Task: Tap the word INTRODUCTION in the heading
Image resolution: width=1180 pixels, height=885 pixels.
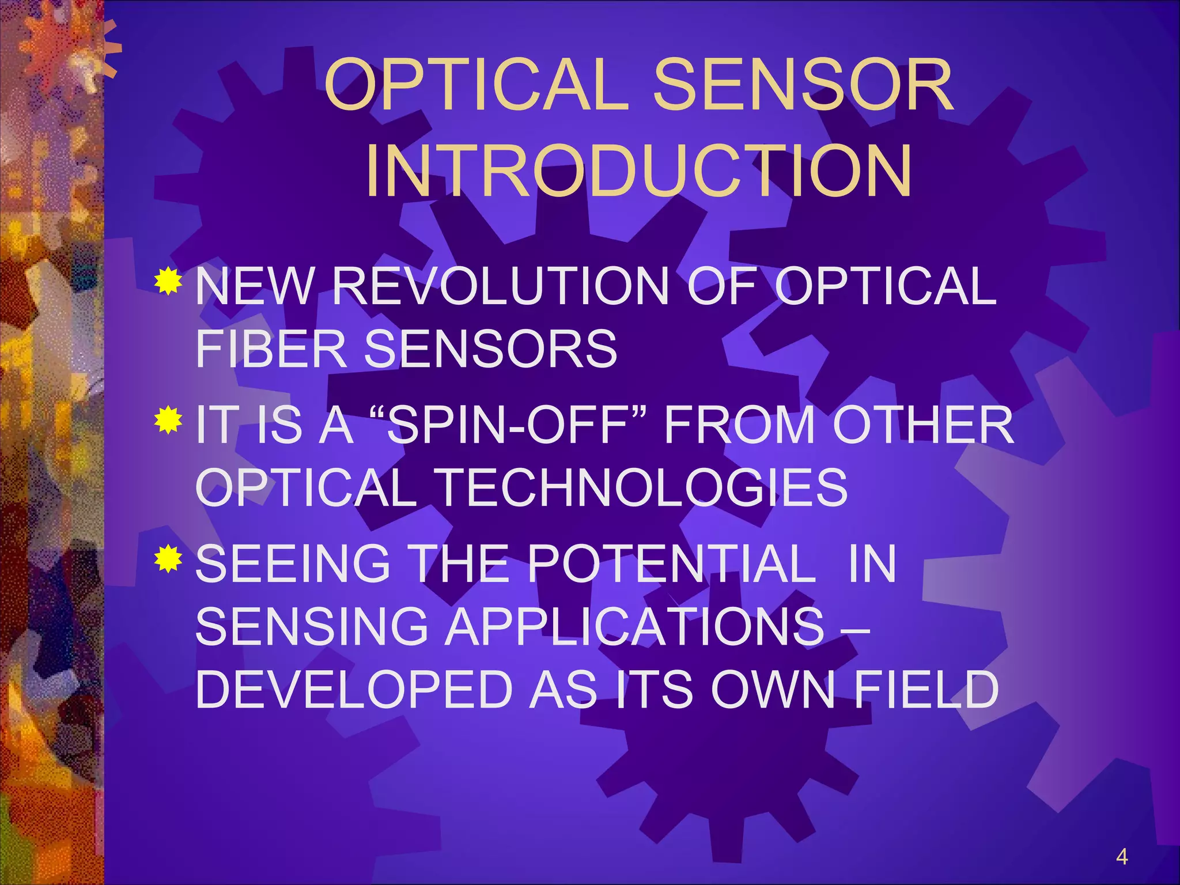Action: (x=638, y=172)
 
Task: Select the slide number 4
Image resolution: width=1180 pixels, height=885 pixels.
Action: (x=1121, y=857)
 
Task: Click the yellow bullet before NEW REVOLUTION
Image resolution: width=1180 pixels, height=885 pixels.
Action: (x=168, y=282)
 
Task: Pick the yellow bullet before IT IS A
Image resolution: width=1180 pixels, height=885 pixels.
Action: (x=168, y=420)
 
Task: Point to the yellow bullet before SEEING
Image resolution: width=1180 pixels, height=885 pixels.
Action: (x=168, y=558)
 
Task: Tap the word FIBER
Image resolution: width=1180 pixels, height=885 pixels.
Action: (x=271, y=349)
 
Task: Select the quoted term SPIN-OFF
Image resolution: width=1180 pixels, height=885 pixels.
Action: (x=507, y=425)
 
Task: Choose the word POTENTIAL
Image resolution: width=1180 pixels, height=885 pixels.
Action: (x=671, y=563)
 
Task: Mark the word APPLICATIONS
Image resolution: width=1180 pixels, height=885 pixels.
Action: (x=636, y=626)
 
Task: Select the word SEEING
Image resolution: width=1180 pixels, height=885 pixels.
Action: (x=293, y=563)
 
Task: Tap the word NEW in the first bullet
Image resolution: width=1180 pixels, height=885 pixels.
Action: (x=255, y=286)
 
